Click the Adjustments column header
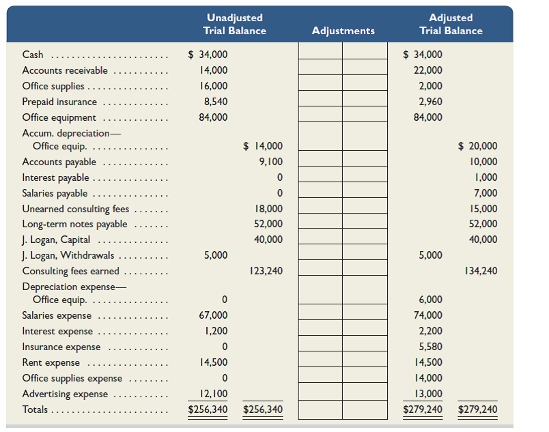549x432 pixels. pyautogui.click(x=343, y=31)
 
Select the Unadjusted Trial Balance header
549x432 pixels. pyautogui.click(x=234, y=24)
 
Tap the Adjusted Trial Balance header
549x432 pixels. pyautogui.click(x=451, y=24)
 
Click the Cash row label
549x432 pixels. pyautogui.click(x=33, y=55)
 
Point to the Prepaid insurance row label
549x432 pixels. pyautogui.click(x=59, y=102)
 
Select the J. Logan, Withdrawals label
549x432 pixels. pyautogui.click(x=68, y=255)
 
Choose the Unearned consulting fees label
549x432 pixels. pyautogui.click(x=75, y=209)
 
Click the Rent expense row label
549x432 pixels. pyautogui.click(x=51, y=362)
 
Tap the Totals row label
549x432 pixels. pyautogui.click(x=36, y=409)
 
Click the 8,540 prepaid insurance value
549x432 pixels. pyautogui.click(x=216, y=102)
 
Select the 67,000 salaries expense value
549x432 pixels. pyautogui.click(x=214, y=315)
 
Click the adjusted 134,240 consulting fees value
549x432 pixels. pyautogui.click(x=481, y=271)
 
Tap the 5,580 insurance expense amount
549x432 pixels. pyautogui.click(x=430, y=347)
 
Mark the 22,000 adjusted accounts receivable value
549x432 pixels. pyautogui.click(x=428, y=70)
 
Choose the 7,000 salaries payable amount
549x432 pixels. pyautogui.click(x=485, y=193)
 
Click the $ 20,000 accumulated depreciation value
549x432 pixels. pyautogui.click(x=477, y=146)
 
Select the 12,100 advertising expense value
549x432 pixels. pyautogui.click(x=214, y=394)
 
